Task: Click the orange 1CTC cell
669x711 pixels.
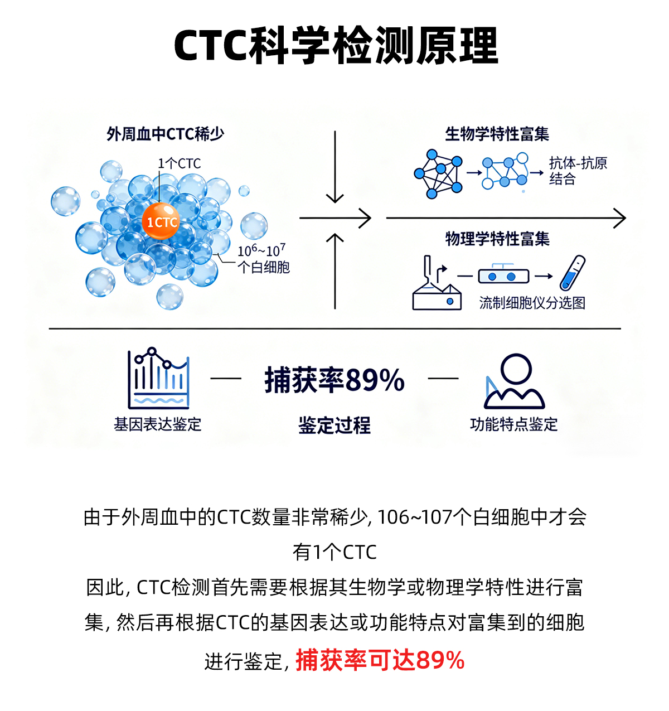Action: pos(161,222)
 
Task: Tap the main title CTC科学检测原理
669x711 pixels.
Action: pos(335,46)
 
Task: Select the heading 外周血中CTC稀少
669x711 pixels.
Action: pos(166,134)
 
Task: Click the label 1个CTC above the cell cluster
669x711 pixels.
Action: pos(179,163)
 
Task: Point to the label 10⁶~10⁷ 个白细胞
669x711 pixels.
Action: pos(263,259)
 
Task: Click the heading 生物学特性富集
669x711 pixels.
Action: pos(497,134)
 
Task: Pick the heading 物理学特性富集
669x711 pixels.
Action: pos(497,239)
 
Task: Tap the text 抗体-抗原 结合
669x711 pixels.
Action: pos(578,171)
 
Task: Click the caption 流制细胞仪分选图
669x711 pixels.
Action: pos(532,303)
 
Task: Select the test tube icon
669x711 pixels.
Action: pos(573,272)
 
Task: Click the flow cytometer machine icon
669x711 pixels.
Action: pos(437,286)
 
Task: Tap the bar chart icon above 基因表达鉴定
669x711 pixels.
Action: pos(159,379)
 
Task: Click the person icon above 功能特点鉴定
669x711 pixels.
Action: pos(514,381)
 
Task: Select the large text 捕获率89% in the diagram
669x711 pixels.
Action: pos(334,381)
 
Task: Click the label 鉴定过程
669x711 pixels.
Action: pos(334,425)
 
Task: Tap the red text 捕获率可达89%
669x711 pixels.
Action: pos(380,660)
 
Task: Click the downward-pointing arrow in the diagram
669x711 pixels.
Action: pos(334,167)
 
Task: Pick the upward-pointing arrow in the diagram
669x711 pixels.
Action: pos(334,270)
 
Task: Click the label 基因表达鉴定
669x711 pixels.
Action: pos(158,424)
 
